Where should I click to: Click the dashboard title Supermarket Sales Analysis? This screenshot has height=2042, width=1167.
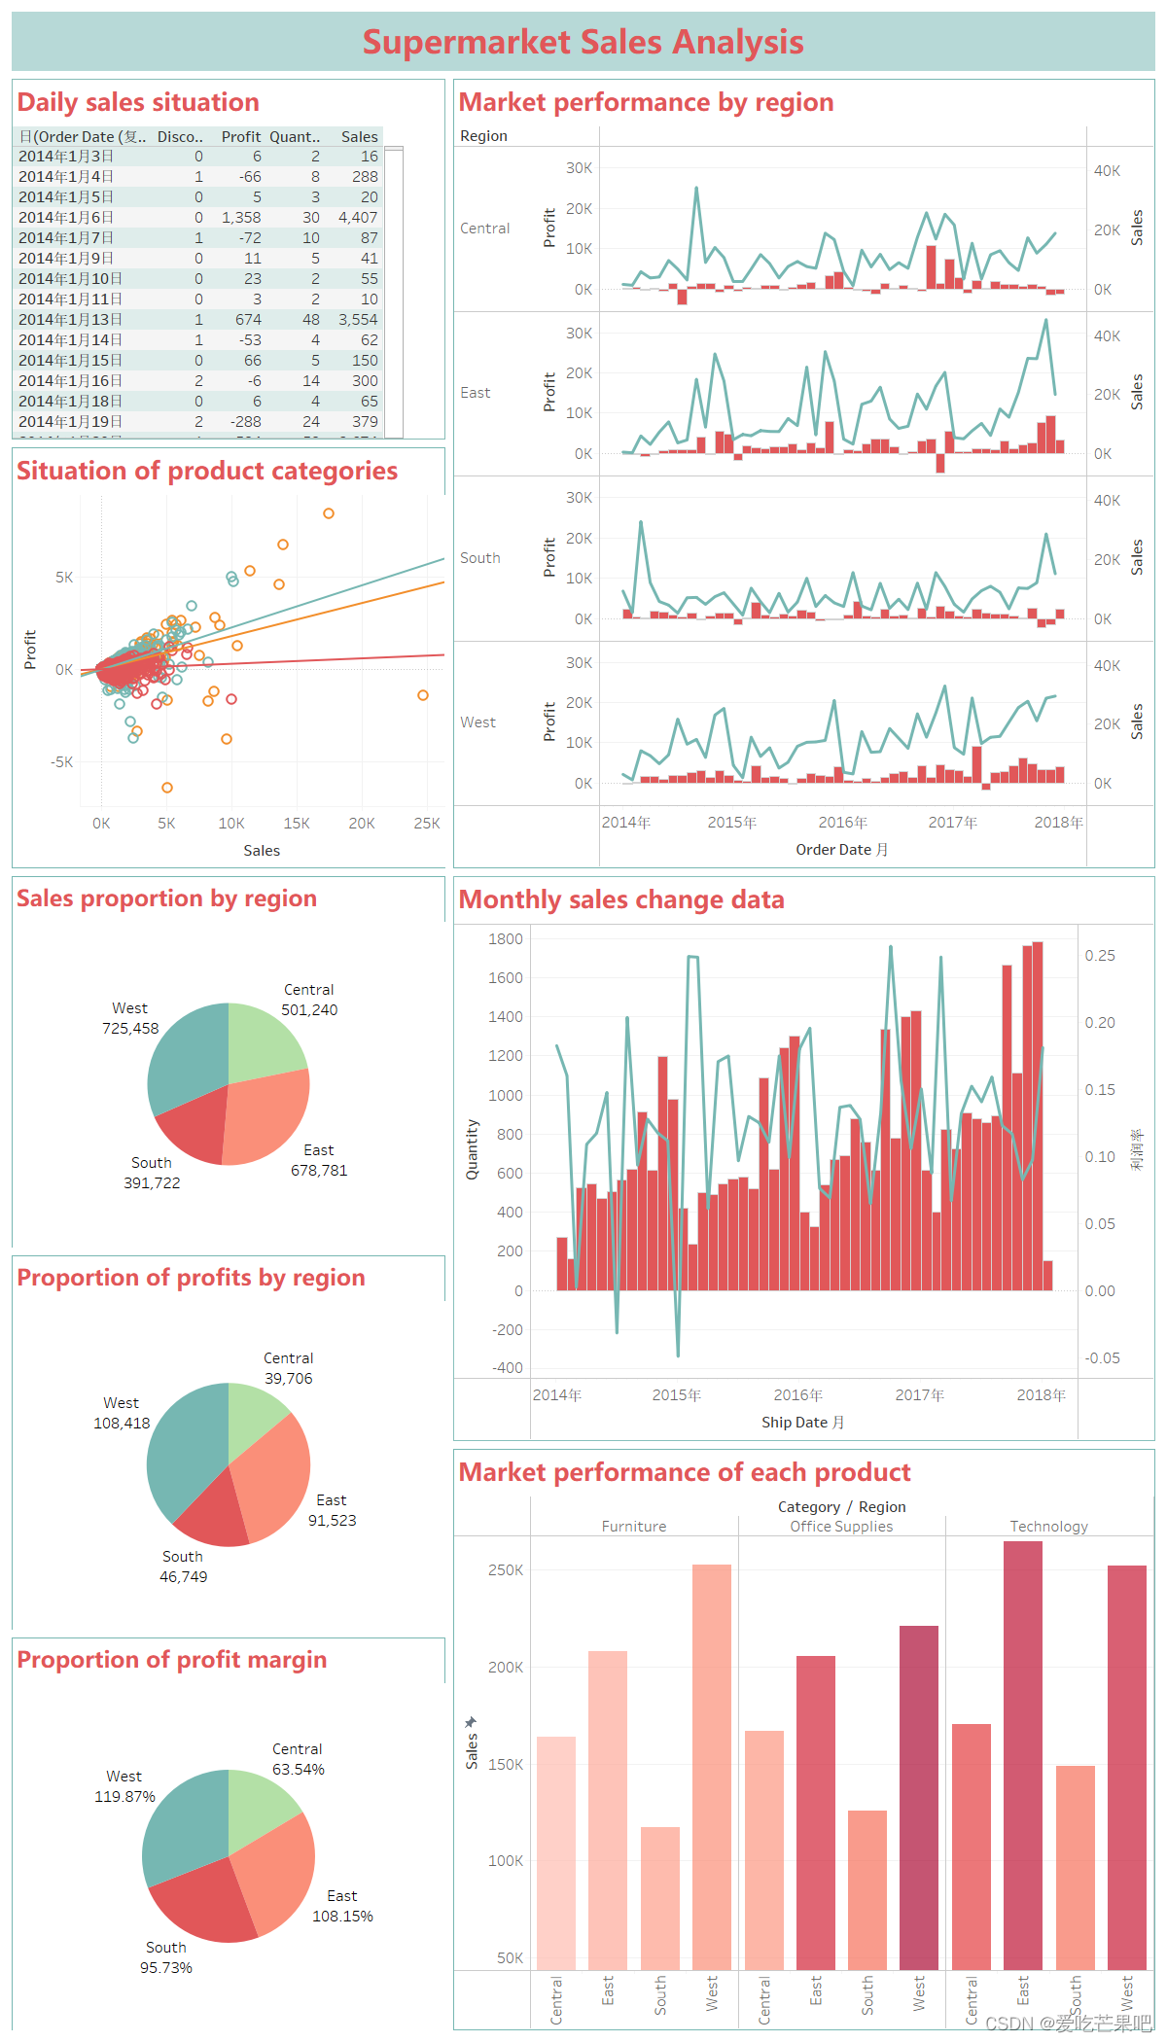[583, 42]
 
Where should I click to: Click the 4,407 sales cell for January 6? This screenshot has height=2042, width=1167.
[357, 218]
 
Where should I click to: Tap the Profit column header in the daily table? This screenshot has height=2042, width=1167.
[240, 137]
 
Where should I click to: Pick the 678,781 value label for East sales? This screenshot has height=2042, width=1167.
[319, 1171]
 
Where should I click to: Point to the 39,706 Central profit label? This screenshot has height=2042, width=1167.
[289, 1379]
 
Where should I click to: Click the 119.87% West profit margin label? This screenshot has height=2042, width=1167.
[124, 1797]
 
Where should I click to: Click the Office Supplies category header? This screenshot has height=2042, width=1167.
[841, 1527]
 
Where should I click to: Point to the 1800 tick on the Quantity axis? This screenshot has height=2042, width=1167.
[505, 939]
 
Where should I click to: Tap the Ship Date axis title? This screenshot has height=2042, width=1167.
[802, 1423]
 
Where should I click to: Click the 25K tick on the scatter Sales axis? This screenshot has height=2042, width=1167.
[427, 824]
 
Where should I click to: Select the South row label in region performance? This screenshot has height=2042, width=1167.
[480, 558]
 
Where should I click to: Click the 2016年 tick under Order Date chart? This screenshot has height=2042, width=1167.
[842, 823]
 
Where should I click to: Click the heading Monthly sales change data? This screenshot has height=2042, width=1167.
[621, 899]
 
